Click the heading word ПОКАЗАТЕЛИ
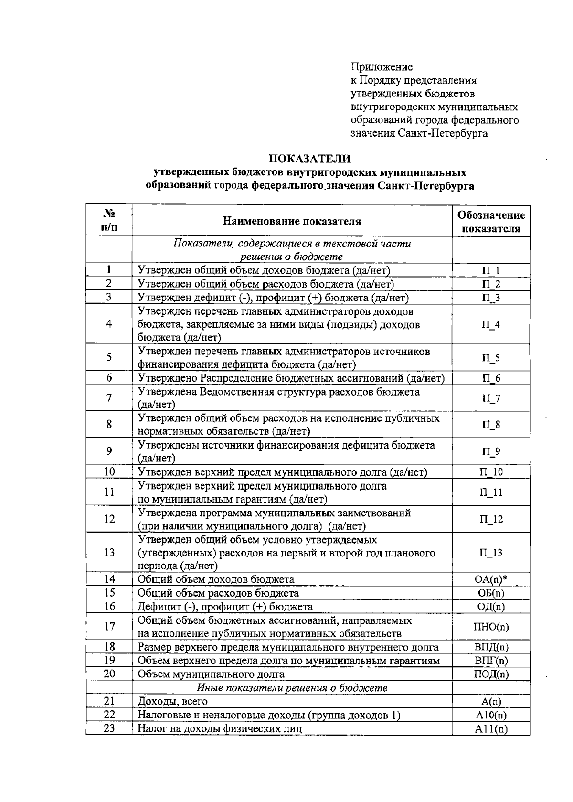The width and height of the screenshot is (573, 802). point(310,158)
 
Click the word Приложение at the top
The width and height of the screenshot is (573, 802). point(382,67)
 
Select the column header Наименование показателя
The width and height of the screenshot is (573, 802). point(292,221)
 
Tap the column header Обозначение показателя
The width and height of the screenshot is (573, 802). point(491,222)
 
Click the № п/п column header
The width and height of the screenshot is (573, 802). point(109,220)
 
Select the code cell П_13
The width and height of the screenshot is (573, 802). point(491,553)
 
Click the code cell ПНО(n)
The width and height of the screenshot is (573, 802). point(491,627)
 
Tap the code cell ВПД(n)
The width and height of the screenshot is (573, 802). point(491,648)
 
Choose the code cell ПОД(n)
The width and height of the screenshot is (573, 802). point(491,674)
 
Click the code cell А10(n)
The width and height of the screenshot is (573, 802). point(491,715)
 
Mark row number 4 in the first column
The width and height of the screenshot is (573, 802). point(109,324)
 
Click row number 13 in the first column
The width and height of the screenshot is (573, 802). point(109,553)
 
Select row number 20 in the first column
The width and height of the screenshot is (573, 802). point(109,674)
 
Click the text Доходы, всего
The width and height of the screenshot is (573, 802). point(172,702)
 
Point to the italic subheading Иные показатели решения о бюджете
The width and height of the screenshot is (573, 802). point(292,688)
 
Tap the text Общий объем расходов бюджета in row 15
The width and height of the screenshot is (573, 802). point(218,593)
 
